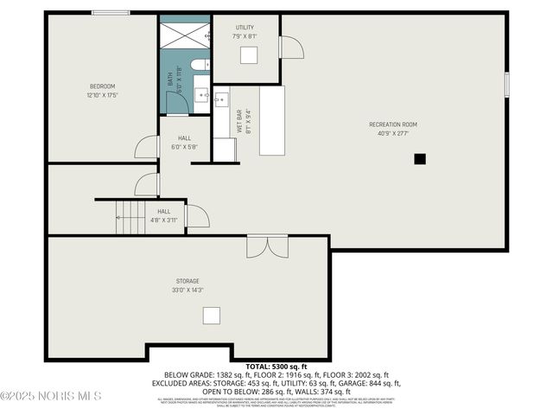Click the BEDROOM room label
click(x=102, y=86)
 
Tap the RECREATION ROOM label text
click(x=393, y=124)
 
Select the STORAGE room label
click(x=188, y=281)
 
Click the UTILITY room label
click(x=245, y=28)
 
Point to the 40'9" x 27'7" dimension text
click(x=393, y=134)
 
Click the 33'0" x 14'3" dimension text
click(x=188, y=290)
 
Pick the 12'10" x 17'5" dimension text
click(x=102, y=95)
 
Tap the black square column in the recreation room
click(x=420, y=158)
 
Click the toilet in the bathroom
click(x=198, y=64)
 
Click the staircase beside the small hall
click(x=130, y=217)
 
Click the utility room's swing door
click(x=291, y=47)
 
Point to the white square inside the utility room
click(x=248, y=55)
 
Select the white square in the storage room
click(x=211, y=316)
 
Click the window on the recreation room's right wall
click(x=506, y=84)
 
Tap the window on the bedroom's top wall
click(x=111, y=13)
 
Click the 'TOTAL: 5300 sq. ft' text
click(x=276, y=367)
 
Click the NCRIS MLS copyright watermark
click(x=51, y=396)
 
